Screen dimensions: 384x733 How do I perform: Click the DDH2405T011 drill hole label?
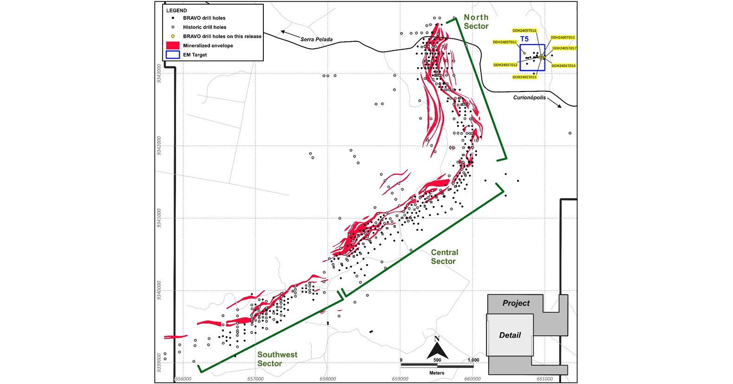pyautogui.click(x=504, y=42)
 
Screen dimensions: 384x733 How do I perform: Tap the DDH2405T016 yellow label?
pyautogui.click(x=524, y=31)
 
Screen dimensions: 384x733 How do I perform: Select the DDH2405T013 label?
pyautogui.click(x=563, y=38)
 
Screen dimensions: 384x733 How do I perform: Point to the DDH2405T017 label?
pyautogui.click(x=564, y=48)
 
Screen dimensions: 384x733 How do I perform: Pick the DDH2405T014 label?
pyautogui.click(x=563, y=66)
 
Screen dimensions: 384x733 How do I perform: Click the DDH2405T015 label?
pyautogui.click(x=524, y=77)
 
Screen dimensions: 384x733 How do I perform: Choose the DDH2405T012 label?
pyautogui.click(x=505, y=65)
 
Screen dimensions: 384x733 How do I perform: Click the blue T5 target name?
pyautogui.click(x=524, y=39)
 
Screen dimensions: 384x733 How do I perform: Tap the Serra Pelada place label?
pyautogui.click(x=316, y=39)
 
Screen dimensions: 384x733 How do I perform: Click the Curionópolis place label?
pyautogui.click(x=530, y=98)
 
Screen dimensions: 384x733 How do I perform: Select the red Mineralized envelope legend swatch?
pyautogui.click(x=172, y=46)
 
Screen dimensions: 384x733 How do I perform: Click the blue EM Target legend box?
pyautogui.click(x=172, y=55)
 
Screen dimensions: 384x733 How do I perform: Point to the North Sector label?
pyautogui.click(x=476, y=22)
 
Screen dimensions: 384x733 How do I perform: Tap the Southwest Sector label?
pyautogui.click(x=277, y=359)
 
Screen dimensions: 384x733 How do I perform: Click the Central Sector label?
pyautogui.click(x=444, y=257)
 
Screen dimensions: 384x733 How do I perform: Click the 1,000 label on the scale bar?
pyautogui.click(x=473, y=360)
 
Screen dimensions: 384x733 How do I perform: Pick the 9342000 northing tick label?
pyautogui.click(x=159, y=146)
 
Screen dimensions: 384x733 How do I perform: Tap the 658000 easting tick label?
pyautogui.click(x=327, y=379)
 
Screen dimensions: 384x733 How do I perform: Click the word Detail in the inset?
pyautogui.click(x=510, y=335)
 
